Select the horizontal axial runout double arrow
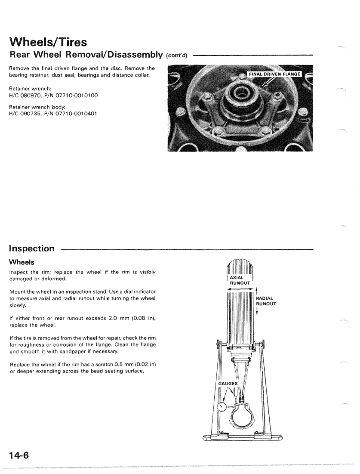pos(240,290)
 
